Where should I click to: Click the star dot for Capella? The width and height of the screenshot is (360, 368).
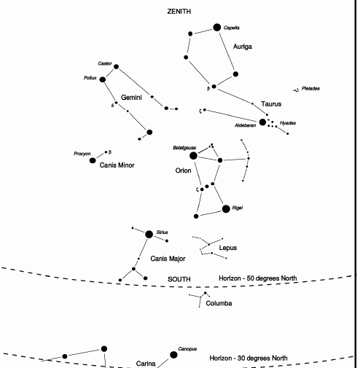217,28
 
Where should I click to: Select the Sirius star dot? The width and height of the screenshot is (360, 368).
149,235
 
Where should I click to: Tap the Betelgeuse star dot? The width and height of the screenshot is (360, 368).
193,156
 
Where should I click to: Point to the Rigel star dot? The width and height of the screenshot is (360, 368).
226,209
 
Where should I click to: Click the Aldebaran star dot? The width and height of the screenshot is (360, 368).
262,122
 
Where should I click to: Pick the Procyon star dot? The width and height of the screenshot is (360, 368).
93,160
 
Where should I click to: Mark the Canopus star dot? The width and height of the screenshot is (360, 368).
173,355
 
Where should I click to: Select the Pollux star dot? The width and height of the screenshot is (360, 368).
103,79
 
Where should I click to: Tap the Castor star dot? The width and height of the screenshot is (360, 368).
117,66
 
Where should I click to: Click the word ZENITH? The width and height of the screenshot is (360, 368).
179,12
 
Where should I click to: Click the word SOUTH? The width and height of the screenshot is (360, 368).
179,279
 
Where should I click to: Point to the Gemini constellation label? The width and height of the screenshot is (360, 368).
131,98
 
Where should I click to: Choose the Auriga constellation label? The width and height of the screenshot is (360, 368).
243,47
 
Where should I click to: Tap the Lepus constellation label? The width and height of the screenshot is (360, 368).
228,248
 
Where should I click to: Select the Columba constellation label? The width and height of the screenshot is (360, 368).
219,303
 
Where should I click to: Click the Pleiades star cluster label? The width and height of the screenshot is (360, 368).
310,88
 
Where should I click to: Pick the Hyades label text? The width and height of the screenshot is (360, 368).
288,123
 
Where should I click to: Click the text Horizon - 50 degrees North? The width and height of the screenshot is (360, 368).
258,278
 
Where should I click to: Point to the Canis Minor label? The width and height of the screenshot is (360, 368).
117,165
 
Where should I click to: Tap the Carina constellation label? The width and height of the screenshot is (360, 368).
146,364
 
